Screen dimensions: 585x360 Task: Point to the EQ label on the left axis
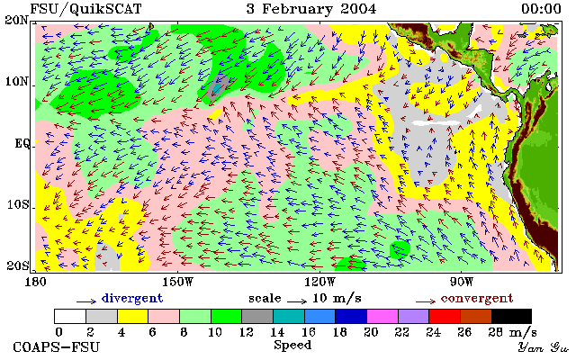22,143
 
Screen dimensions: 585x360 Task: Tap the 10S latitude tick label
18,204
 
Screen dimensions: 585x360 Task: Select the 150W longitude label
178,282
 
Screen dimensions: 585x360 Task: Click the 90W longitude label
462,282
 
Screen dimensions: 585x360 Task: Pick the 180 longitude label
35,282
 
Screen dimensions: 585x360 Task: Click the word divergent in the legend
132,298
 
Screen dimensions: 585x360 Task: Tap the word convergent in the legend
477,298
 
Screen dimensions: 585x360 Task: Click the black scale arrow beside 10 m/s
297,301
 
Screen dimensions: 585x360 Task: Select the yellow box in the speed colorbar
133,316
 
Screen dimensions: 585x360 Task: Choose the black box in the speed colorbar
511,316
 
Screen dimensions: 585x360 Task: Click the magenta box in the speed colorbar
382,316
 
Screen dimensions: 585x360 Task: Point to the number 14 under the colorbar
277,331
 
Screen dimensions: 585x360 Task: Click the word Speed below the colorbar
292,345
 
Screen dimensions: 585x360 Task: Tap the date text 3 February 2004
311,9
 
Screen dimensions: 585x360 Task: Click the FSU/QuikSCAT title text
85,9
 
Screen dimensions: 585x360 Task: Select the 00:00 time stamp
541,9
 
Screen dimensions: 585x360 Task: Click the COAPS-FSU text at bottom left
57,346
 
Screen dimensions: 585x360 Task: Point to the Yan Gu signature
543,347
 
